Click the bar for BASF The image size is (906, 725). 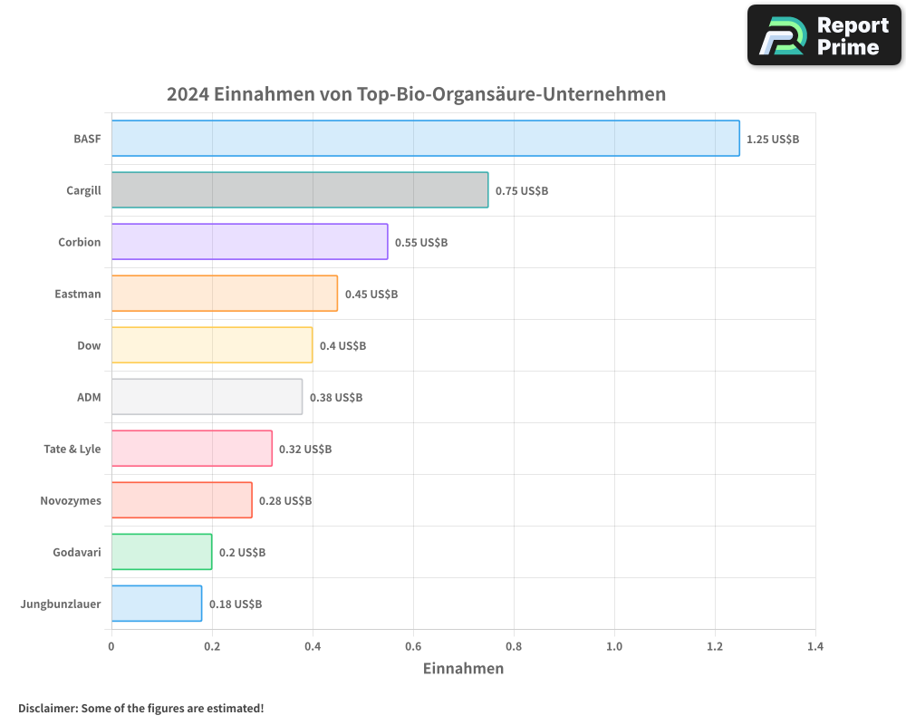[425, 139]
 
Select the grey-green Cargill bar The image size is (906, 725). [300, 190]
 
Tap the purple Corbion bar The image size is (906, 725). [249, 242]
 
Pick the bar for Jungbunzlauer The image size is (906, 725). [157, 604]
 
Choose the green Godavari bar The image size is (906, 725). [161, 552]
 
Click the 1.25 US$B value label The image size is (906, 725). [773, 140]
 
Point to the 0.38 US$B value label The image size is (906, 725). [336, 398]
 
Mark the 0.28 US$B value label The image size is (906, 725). [285, 501]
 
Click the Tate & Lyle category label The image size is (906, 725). [72, 449]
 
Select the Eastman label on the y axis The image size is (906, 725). [78, 295]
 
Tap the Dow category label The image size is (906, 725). [89, 346]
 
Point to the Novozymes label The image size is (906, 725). [71, 501]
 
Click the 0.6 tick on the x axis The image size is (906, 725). [413, 647]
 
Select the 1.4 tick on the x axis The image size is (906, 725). [815, 647]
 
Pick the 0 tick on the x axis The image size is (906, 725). [111, 647]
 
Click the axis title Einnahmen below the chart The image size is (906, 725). [463, 669]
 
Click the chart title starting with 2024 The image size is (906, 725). [416, 94]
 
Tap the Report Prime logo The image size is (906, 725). [824, 35]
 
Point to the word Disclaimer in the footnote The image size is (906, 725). [47, 708]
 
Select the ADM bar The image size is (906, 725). [207, 397]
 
